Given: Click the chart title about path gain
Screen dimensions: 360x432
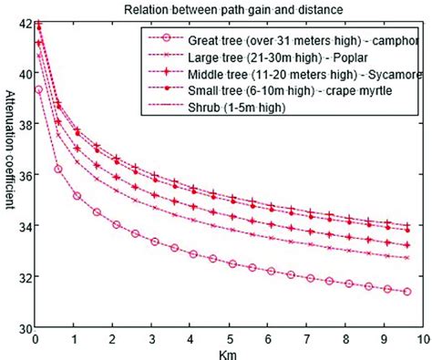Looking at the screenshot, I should pyautogui.click(x=227, y=10).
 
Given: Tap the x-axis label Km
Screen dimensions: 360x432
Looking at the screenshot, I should pyautogui.click(x=228, y=352).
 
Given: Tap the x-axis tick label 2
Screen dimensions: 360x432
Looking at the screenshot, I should pyautogui.click(x=112, y=338).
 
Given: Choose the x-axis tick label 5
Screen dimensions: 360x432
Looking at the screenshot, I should pyautogui.click(x=228, y=338).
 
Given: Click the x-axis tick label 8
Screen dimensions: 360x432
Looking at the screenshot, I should pyautogui.click(x=344, y=338).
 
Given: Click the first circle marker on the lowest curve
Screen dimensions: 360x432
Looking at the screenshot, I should pyautogui.click(x=38, y=90).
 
